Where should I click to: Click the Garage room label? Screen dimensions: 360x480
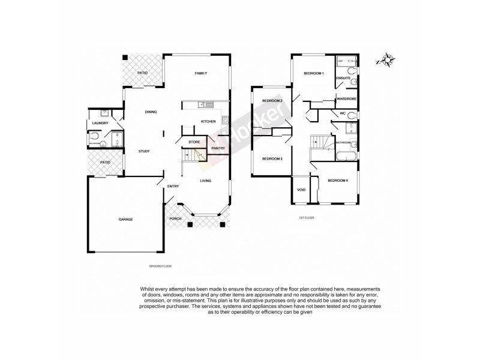point(125,219)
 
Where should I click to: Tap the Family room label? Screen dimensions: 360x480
point(200,73)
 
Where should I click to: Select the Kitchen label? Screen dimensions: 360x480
point(208,122)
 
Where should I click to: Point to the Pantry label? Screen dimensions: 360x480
point(217,148)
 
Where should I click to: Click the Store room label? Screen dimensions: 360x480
point(193,142)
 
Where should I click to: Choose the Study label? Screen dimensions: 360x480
point(144,151)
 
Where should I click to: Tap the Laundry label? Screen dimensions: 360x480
point(100,124)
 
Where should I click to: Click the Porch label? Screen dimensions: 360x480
point(175,218)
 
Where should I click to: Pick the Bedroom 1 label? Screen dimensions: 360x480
point(313,73)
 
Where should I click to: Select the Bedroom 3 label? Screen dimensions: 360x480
point(272,159)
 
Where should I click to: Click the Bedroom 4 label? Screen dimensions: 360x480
point(338,181)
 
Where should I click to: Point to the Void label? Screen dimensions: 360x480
point(301,190)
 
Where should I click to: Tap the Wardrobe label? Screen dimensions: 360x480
point(347,99)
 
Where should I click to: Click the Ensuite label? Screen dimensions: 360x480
point(343,78)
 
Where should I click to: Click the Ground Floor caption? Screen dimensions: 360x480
point(160,265)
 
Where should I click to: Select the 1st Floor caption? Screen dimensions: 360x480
point(306,218)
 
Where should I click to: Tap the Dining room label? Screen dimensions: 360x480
point(151,112)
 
